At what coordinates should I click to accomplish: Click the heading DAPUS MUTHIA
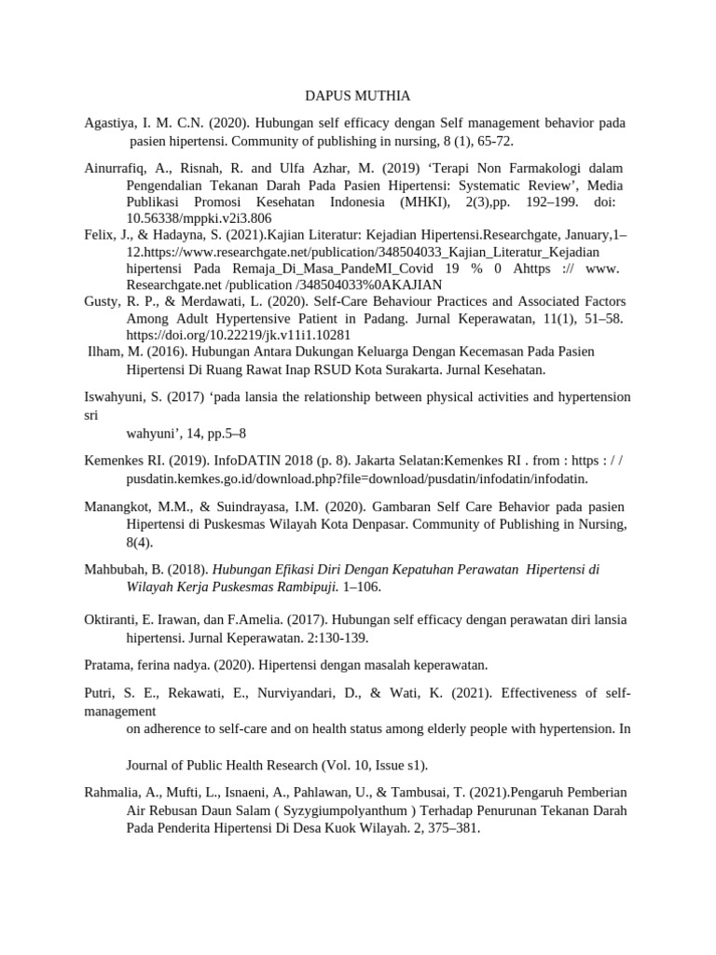point(358,96)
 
